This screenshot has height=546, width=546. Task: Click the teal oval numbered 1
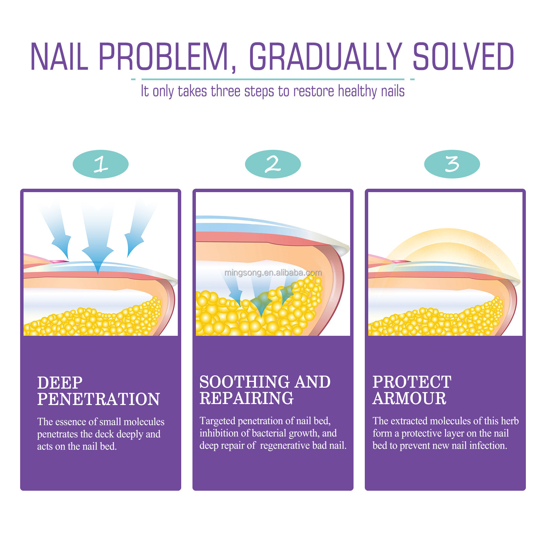(x=101, y=164)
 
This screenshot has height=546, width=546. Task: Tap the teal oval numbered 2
(x=273, y=164)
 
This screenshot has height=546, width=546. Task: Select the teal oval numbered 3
(x=452, y=164)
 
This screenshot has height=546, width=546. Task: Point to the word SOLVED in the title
(x=463, y=57)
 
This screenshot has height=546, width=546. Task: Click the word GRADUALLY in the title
(x=326, y=57)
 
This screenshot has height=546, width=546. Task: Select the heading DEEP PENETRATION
(x=98, y=391)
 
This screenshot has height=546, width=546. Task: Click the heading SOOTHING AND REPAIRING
(x=265, y=390)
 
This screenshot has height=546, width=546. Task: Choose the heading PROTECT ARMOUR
(x=412, y=390)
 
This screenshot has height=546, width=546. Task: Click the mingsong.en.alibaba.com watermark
(x=273, y=273)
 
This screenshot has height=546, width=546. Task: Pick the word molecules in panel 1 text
(x=144, y=422)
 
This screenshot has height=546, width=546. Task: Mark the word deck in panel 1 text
(x=105, y=434)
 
